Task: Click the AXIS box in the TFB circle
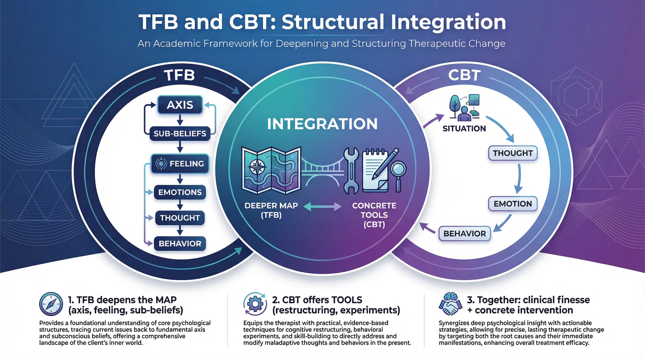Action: point(180,105)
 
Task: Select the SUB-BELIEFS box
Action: point(180,134)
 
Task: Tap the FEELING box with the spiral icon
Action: point(180,164)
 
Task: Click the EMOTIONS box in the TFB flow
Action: point(180,192)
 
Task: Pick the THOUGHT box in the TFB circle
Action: point(180,218)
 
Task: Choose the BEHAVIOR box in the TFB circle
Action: point(180,243)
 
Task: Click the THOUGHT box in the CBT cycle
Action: point(513,153)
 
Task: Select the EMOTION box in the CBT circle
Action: point(513,204)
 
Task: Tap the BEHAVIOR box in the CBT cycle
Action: point(465,234)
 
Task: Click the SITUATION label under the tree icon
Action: point(464,129)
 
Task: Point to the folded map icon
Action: point(271,171)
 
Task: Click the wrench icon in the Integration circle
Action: point(351,171)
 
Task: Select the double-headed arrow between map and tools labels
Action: point(322,206)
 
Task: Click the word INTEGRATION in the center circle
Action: point(322,124)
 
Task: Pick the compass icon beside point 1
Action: point(51,304)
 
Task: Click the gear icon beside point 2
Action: point(255,304)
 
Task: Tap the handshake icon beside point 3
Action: point(450,304)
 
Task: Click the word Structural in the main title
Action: point(333,22)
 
